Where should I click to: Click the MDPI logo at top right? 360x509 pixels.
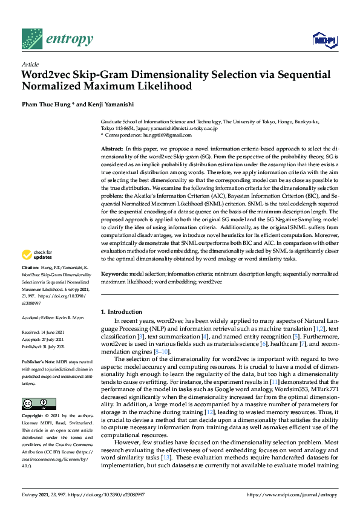324,40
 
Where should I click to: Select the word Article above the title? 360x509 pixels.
30,64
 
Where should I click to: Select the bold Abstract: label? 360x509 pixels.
112,149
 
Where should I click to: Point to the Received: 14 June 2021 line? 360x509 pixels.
44,332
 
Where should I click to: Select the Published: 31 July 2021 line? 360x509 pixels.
44,346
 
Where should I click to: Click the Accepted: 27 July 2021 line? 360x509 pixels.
44,339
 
